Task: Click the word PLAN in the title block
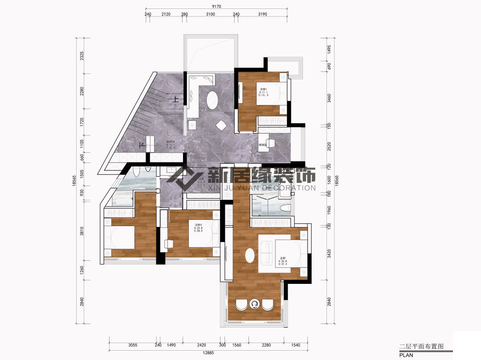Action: point(406,355)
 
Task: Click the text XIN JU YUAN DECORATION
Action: point(262,188)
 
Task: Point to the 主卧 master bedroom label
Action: point(282,258)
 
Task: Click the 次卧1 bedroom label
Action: point(263,89)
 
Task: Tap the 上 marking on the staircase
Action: point(176,100)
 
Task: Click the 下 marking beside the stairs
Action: point(142,145)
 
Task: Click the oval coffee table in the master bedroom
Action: point(250,257)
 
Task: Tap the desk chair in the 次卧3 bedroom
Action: point(169,243)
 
